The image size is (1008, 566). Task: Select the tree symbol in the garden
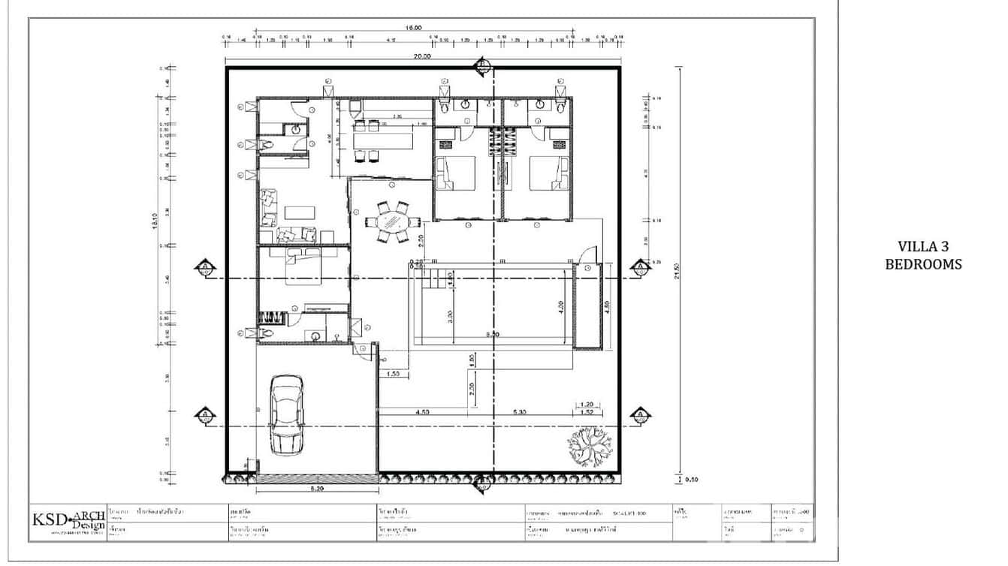[x=590, y=445]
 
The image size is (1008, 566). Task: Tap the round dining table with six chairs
[x=391, y=222]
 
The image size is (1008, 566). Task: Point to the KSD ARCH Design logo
[x=68, y=522]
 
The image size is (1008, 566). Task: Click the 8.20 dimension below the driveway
[x=316, y=489]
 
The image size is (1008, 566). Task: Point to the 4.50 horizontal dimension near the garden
[x=423, y=411]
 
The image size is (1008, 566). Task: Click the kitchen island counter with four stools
[x=384, y=140]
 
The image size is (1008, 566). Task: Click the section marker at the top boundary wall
[x=481, y=68]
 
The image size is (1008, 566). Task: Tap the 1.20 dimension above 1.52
[x=587, y=404]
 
